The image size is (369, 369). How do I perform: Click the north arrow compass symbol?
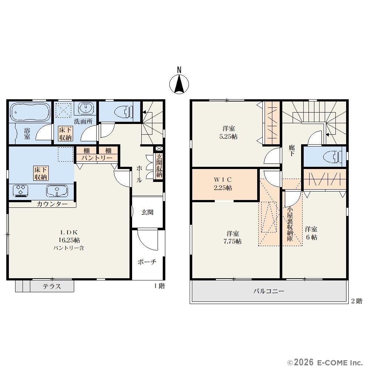[x=179, y=84]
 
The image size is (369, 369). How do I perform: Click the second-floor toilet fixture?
[x=333, y=157]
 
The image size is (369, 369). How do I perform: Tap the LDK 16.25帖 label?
[x=69, y=236]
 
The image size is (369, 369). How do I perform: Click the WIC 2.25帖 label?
[x=223, y=184]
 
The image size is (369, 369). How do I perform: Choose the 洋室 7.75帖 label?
[x=232, y=237]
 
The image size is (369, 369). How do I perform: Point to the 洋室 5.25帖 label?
[x=228, y=133]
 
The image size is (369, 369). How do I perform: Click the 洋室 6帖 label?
[x=311, y=233]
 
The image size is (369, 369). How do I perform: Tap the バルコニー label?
[x=269, y=291]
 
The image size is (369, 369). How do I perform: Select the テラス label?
[x=52, y=286]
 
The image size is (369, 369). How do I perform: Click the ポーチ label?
[x=147, y=262]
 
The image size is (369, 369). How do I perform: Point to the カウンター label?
[x=52, y=204]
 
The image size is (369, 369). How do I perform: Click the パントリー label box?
[x=97, y=158]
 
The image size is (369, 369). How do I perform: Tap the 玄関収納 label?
[x=159, y=166]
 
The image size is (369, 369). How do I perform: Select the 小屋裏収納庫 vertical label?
[x=290, y=224]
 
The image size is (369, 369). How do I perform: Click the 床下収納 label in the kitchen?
[x=41, y=173]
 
